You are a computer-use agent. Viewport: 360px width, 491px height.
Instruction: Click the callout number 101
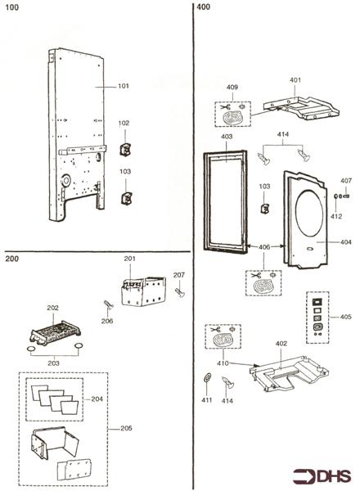(124, 85)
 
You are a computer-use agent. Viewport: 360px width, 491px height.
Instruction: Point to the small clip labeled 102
(125, 152)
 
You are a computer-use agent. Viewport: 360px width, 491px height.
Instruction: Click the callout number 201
(129, 259)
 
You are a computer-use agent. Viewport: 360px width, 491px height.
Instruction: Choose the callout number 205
(125, 427)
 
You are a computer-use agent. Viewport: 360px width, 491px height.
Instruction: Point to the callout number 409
(232, 86)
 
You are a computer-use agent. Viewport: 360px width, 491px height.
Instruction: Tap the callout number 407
(345, 181)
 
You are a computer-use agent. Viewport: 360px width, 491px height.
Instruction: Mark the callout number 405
(346, 317)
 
